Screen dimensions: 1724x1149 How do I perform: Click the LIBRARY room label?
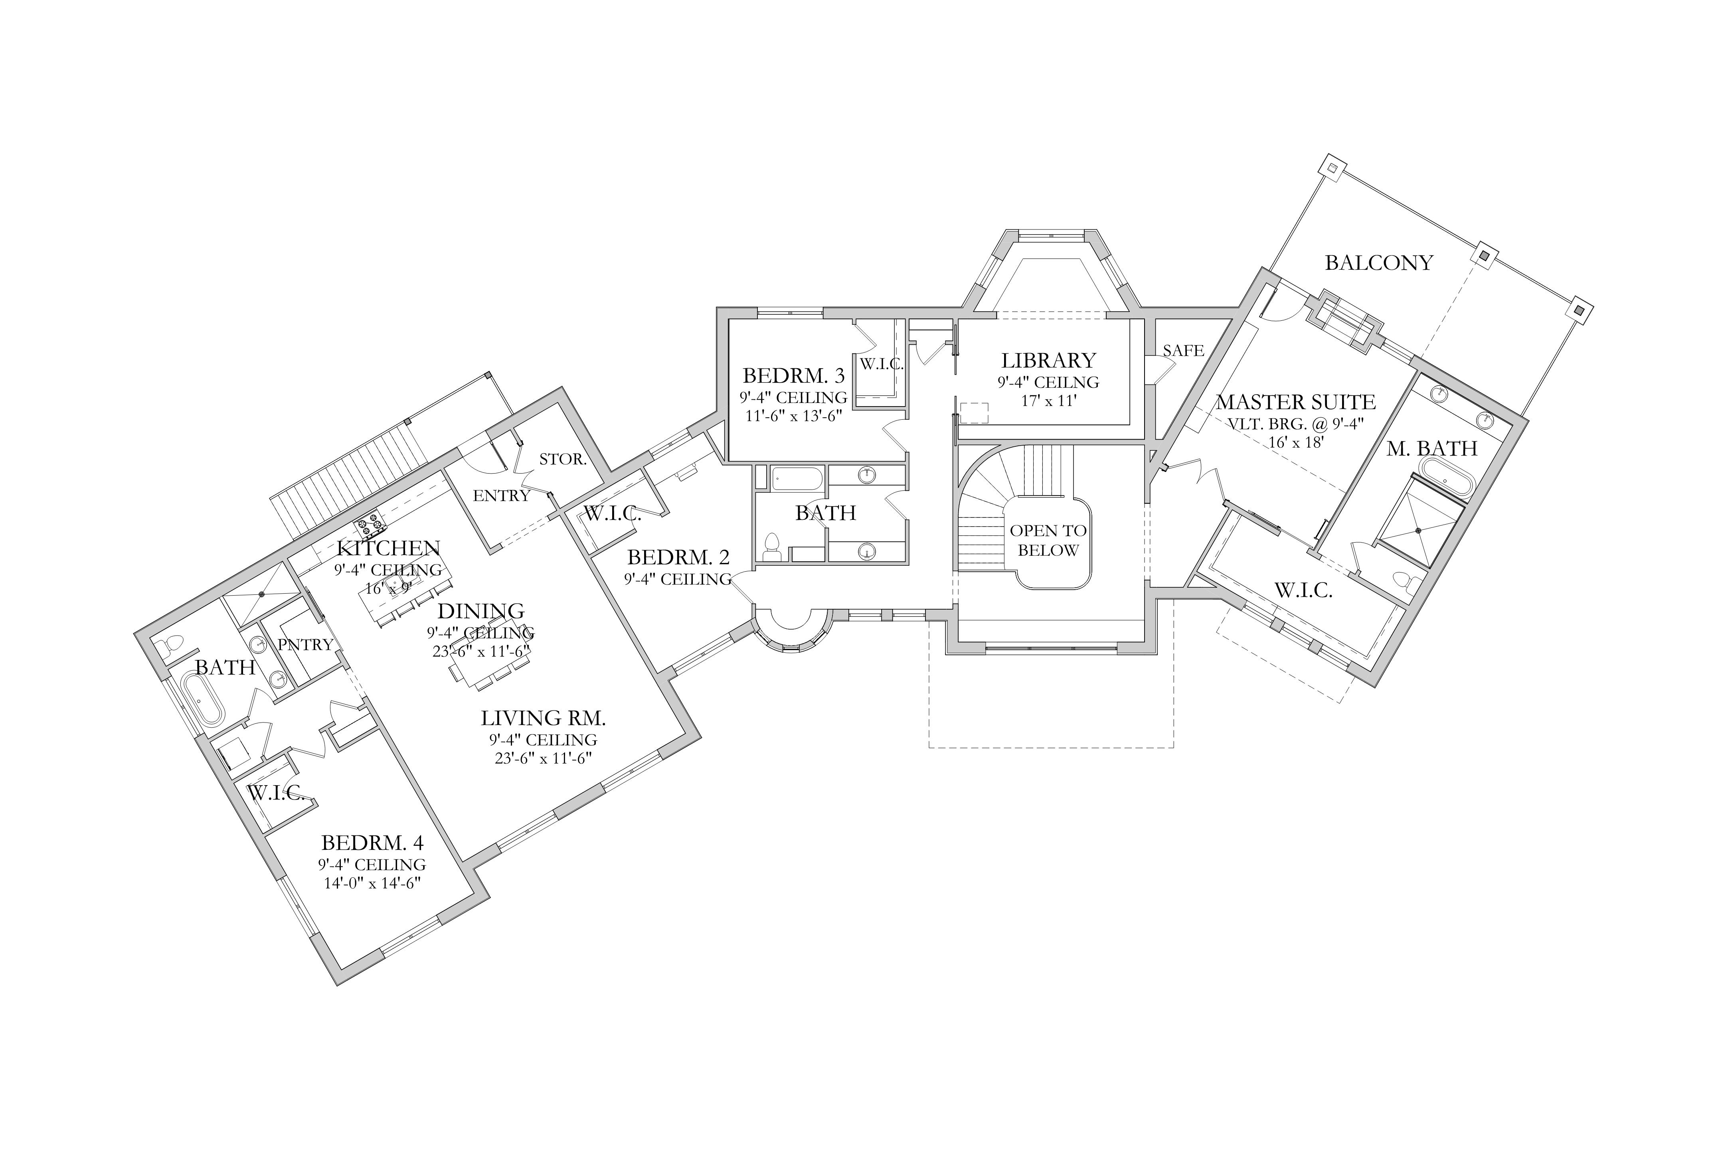click(1048, 361)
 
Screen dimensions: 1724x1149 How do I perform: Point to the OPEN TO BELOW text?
click(1048, 540)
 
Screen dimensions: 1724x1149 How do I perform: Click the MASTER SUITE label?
click(1295, 402)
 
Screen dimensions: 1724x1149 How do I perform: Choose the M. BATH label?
click(1431, 448)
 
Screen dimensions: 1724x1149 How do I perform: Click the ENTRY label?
click(501, 496)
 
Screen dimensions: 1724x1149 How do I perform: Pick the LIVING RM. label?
click(543, 718)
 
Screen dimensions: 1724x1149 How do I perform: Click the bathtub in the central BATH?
click(797, 478)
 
